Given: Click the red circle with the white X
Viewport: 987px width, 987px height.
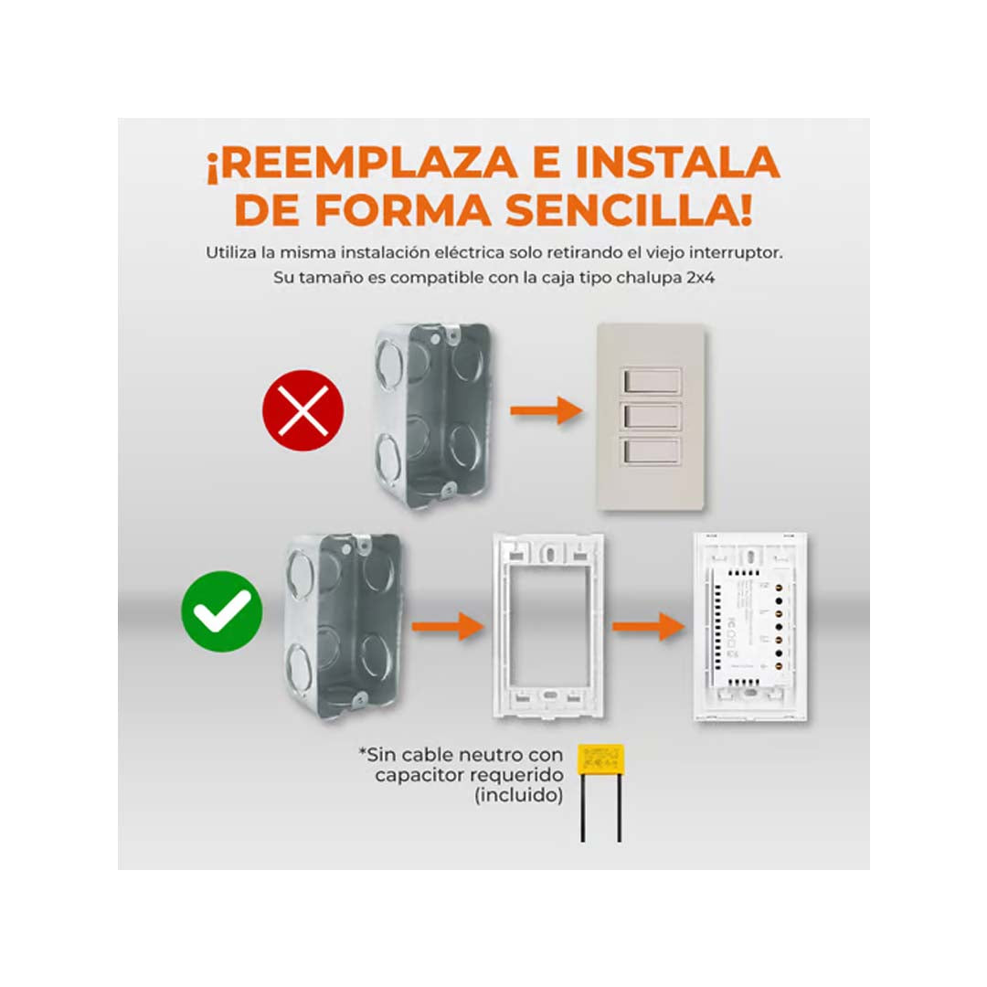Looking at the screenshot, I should pyautogui.click(x=303, y=410).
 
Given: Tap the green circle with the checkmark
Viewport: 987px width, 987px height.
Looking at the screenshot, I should pyautogui.click(x=222, y=611).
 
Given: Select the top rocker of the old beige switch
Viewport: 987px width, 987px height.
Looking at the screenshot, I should pyautogui.click(x=651, y=381).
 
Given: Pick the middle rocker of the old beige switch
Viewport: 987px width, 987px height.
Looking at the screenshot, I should pyautogui.click(x=651, y=416).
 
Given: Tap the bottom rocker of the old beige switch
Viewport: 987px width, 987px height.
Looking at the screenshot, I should pyautogui.click(x=651, y=451).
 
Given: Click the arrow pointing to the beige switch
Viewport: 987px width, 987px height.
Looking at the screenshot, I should pyautogui.click(x=547, y=410).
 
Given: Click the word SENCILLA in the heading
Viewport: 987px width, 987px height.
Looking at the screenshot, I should pyautogui.click(x=631, y=210).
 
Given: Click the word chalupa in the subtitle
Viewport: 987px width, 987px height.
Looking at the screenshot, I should pyautogui.click(x=637, y=277).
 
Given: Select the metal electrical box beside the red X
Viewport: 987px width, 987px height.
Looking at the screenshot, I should pyautogui.click(x=431, y=412).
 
